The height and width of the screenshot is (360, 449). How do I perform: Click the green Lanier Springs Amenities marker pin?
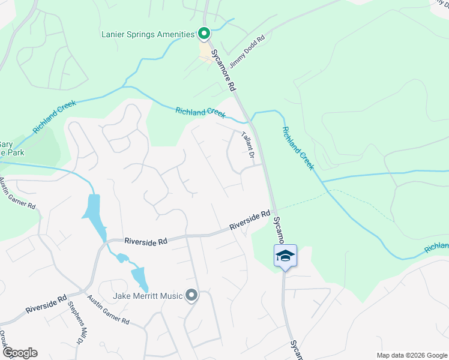point(204,34)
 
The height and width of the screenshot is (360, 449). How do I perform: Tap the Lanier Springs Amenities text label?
point(151,35)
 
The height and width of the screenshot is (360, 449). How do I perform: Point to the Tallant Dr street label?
point(248,146)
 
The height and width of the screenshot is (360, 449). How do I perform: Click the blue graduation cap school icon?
point(285,256)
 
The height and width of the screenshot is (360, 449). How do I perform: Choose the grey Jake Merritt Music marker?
point(191,295)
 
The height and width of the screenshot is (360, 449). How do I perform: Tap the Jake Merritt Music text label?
point(148,296)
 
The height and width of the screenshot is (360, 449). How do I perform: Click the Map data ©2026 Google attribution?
point(411,355)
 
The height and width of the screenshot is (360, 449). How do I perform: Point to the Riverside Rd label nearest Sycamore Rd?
point(250,221)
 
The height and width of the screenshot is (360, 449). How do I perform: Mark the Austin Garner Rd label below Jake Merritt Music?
point(108,310)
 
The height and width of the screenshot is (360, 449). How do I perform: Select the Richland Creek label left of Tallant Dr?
point(200,112)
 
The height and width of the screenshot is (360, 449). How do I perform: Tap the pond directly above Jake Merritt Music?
point(139,277)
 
